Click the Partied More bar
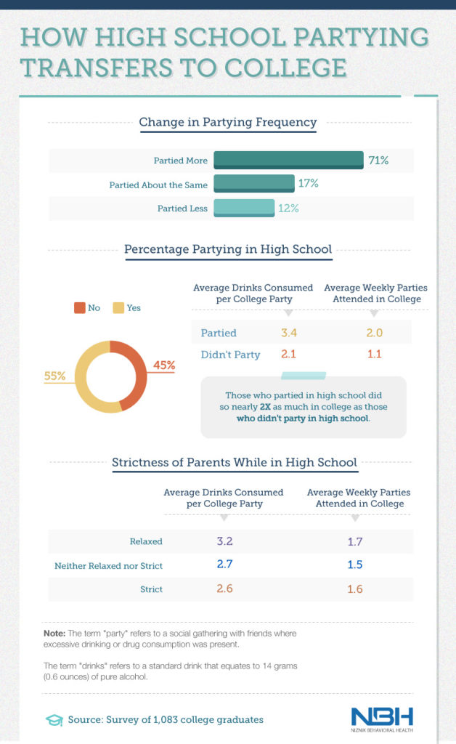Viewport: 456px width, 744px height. (x=288, y=160)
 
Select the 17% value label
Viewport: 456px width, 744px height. (x=308, y=184)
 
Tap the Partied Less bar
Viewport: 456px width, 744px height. (x=244, y=208)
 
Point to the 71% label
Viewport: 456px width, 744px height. (x=378, y=160)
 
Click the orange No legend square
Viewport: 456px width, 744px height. (x=78, y=307)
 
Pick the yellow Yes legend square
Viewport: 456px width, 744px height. (x=118, y=307)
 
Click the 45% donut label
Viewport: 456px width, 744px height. (x=164, y=365)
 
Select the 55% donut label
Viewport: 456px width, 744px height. (x=54, y=376)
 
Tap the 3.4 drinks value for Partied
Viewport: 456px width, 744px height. (x=289, y=333)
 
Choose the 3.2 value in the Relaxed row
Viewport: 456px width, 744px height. (x=224, y=541)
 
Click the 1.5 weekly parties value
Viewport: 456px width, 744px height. (x=354, y=565)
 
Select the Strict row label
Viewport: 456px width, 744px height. (x=151, y=589)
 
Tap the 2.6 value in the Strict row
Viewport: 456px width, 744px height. (x=224, y=589)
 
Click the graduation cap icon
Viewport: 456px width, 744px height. (x=54, y=720)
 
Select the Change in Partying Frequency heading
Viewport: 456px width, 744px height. (x=228, y=122)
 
